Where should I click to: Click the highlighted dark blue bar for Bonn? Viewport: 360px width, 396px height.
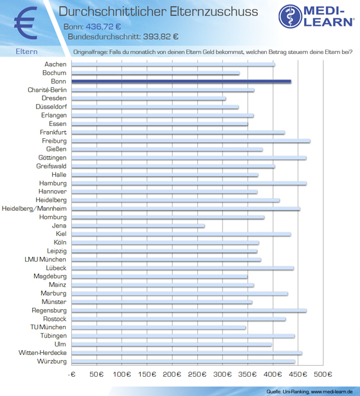(181, 81)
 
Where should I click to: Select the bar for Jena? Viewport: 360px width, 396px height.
(138, 226)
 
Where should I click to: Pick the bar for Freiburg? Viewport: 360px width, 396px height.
(191, 141)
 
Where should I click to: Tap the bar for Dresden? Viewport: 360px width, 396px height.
(148, 98)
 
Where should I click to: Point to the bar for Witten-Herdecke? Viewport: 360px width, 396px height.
(186, 353)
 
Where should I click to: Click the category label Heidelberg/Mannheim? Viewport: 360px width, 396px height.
(34, 209)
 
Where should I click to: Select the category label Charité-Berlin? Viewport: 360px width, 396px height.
(47, 90)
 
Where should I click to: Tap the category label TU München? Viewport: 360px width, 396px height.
(48, 327)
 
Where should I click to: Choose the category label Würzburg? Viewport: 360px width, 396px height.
(52, 361)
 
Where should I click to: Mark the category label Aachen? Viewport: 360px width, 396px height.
(55, 64)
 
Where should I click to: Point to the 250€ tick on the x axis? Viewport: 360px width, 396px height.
(197, 374)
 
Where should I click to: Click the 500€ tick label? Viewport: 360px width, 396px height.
(323, 374)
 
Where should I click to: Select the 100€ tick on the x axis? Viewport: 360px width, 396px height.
(122, 374)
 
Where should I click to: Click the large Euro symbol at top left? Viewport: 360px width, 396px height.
(26, 23)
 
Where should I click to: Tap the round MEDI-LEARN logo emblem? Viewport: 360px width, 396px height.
(291, 16)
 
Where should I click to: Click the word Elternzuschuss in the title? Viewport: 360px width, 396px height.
(214, 12)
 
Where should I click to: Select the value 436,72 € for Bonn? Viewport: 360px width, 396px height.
(104, 26)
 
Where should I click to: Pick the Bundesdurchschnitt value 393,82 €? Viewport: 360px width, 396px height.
(161, 37)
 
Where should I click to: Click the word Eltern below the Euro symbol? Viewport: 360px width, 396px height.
(26, 51)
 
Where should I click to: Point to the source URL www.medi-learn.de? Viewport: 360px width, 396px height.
(332, 392)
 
